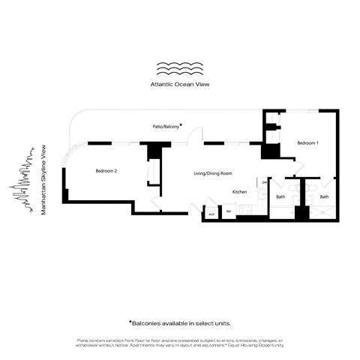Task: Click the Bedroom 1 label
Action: [307, 142]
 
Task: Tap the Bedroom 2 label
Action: [106, 171]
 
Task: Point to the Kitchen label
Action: [239, 192]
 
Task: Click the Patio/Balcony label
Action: [165, 127]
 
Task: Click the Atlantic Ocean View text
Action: [180, 85]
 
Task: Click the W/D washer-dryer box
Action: [212, 215]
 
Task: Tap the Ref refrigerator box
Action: [229, 215]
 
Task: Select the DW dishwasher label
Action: [264, 181]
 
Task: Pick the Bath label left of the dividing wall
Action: [280, 197]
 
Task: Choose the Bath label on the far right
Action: [324, 197]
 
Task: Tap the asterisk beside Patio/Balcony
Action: [181, 126]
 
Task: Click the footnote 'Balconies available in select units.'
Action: [180, 322]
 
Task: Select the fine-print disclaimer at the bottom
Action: [180, 343]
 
